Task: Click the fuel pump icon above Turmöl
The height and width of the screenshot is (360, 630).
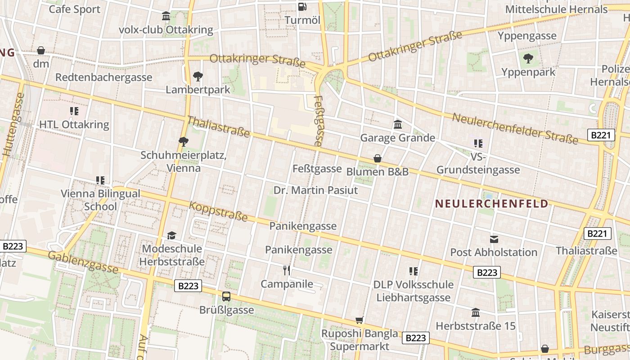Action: [302, 6]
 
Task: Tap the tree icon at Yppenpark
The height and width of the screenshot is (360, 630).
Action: [528, 58]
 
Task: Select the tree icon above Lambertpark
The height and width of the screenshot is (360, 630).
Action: [198, 76]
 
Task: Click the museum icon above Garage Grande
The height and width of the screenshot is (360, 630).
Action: [398, 124]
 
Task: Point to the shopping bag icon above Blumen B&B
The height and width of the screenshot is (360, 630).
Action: [378, 158]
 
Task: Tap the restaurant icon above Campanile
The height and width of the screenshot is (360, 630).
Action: [287, 270]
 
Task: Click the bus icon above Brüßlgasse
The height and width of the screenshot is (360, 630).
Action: [226, 297]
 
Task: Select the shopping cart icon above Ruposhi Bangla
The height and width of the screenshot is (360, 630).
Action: [359, 320]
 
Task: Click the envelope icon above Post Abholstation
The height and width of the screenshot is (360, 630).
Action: [494, 239]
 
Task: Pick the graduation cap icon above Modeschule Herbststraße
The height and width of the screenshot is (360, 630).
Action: [171, 235]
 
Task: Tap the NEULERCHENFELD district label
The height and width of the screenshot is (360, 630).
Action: [492, 204]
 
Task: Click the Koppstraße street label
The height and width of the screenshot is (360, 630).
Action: [218, 211]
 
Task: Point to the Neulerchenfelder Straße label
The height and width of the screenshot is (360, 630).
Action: [515, 129]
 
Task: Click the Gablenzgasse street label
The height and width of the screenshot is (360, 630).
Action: [83, 262]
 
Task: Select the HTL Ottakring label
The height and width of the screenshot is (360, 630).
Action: [74, 125]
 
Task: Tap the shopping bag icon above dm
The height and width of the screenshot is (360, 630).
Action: [41, 50]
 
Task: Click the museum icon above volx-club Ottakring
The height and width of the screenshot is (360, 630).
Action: [166, 16]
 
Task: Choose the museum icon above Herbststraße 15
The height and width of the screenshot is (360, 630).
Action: [476, 312]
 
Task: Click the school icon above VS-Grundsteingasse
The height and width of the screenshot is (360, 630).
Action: [478, 144]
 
